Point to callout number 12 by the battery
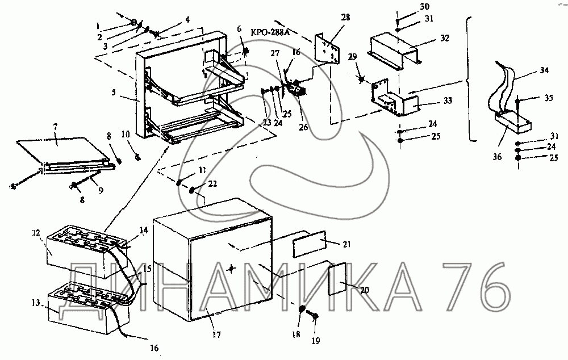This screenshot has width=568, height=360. coord(35,233)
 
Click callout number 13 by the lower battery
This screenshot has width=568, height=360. coord(35,303)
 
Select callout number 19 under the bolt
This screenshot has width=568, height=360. coord(316,341)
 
